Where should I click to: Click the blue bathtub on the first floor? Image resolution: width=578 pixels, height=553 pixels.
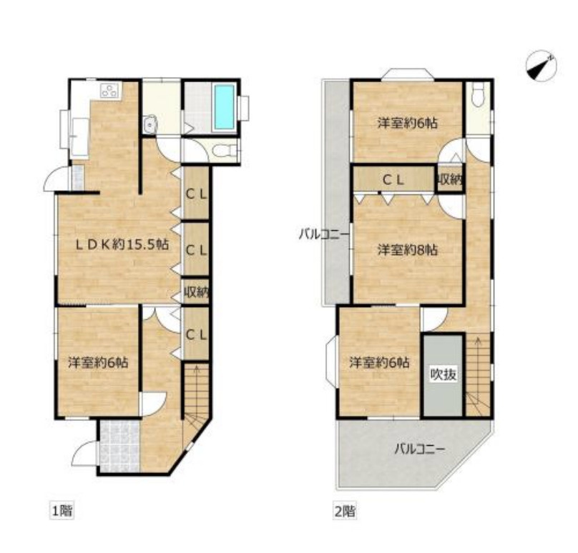225,107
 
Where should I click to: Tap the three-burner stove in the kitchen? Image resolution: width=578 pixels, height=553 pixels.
111,90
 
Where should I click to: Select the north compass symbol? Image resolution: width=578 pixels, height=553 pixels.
541,66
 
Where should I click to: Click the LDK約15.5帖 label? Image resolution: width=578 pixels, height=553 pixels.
122,244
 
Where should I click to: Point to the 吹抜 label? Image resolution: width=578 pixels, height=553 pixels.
444,375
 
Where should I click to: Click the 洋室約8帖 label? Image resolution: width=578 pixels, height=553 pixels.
408,250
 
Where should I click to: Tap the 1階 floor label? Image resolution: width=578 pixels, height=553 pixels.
62,511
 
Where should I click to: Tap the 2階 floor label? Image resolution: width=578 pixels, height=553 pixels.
345,511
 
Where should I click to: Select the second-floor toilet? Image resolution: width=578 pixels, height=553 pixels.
479,94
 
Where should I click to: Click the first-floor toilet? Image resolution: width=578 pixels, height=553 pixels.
224,151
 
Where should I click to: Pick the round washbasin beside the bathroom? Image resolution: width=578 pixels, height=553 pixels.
150,124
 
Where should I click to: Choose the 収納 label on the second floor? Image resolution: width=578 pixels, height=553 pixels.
449,179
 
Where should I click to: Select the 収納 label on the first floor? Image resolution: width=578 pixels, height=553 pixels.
197,292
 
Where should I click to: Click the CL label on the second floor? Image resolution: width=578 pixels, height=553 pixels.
393,179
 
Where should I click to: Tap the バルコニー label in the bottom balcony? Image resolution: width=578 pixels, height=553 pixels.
420,449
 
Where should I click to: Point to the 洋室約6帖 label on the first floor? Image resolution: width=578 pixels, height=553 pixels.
99,363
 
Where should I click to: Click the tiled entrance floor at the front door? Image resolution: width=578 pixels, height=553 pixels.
119,447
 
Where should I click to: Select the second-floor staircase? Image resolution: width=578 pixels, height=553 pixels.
478,375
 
